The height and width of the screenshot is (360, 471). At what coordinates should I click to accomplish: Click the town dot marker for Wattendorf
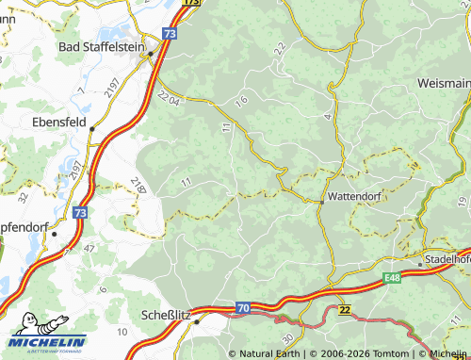[x=322, y=201]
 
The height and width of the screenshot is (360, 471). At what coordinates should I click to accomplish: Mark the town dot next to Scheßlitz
[x=197, y=321]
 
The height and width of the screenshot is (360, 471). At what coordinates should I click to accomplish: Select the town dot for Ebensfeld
[x=91, y=131]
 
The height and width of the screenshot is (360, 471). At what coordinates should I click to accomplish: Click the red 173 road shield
[x=191, y=3]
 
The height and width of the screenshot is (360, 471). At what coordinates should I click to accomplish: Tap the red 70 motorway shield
[x=242, y=307]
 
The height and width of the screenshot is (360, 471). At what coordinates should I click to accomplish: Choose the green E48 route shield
[x=391, y=279]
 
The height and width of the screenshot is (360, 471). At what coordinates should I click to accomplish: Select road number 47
[x=89, y=248]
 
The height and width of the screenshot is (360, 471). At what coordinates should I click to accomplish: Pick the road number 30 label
[x=286, y=336]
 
